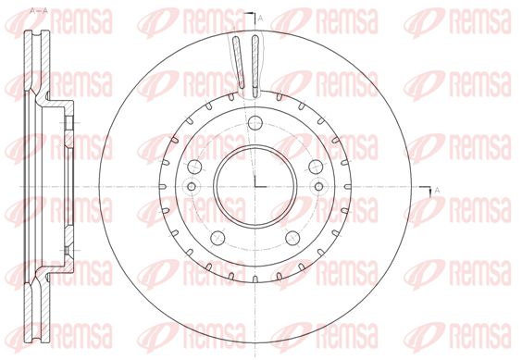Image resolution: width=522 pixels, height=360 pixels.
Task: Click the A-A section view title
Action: click(39, 11)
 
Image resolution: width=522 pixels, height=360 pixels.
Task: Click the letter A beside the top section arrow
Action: click(260, 19)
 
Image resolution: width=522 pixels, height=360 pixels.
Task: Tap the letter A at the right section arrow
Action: click(437, 190)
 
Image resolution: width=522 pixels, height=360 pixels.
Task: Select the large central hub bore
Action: click(255, 187)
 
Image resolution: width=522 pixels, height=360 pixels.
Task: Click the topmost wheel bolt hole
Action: click(255, 123)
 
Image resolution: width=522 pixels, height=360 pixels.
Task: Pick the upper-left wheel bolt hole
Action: click(194, 167)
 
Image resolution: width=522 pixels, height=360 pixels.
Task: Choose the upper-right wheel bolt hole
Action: click(316, 167)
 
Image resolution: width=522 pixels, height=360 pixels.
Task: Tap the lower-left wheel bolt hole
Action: click(217, 238)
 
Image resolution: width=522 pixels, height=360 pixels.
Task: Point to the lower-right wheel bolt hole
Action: click(292, 238)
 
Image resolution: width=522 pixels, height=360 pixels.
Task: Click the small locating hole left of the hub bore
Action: click(192, 187)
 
